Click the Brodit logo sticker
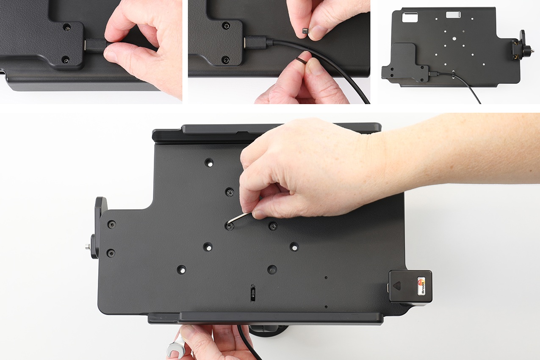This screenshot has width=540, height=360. (421, 285)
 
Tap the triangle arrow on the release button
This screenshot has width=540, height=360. (397, 286)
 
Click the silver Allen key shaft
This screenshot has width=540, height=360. (240, 217)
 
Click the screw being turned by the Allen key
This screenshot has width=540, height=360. (230, 227)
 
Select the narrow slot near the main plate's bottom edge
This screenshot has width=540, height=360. (253, 293)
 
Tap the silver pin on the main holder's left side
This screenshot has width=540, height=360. (87, 246)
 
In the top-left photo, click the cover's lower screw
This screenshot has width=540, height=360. (66, 60)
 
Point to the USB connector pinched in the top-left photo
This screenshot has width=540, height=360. (95, 46)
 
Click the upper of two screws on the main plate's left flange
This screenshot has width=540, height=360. (111, 224)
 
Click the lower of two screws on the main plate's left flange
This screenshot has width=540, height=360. (111, 253)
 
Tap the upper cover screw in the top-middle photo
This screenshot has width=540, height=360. (226, 25)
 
